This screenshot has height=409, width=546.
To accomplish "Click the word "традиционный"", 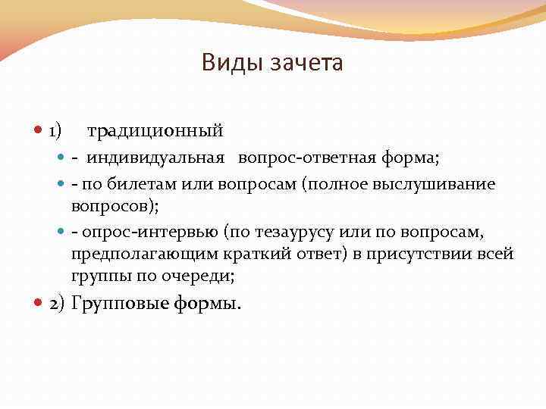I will pyautogui.click(x=155, y=131).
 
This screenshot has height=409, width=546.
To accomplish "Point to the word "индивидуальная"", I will pyautogui.click(x=155, y=158).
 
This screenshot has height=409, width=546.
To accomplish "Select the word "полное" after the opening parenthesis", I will pyautogui.click(x=358, y=184).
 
